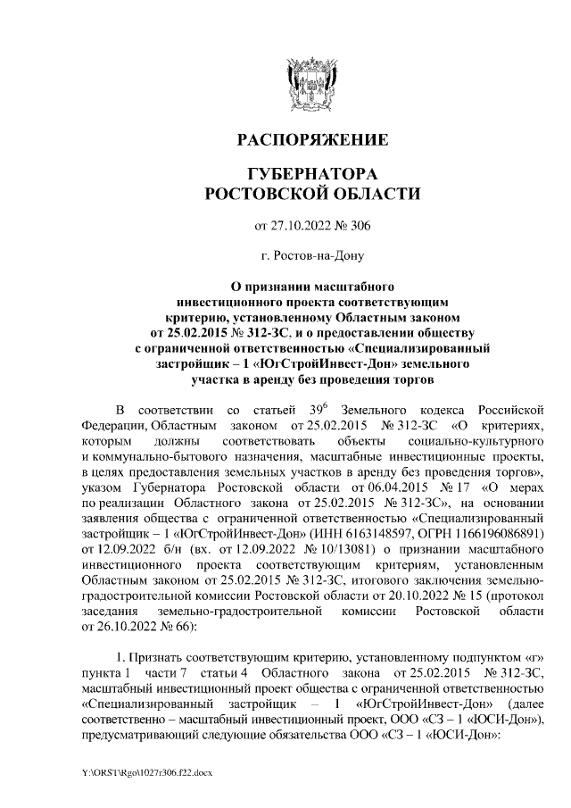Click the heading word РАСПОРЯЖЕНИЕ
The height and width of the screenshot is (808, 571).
(311, 140)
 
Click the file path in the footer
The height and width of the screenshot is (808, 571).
(145, 770)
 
